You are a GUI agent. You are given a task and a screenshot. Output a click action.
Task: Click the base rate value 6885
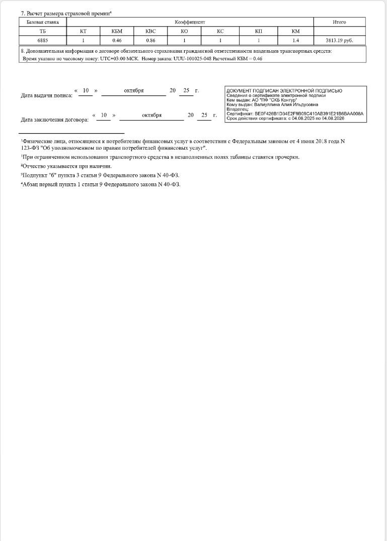click(42, 40)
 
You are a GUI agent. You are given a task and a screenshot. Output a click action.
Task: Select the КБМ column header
click(117, 31)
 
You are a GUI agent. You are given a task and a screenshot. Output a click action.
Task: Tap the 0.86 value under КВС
click(150, 40)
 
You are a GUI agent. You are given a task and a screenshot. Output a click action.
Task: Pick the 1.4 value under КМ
click(295, 40)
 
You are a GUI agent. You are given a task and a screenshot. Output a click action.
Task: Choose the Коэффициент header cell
click(190, 22)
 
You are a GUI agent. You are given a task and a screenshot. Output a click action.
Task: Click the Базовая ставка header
click(42, 22)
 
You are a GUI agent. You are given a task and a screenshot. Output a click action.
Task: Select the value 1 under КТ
click(83, 40)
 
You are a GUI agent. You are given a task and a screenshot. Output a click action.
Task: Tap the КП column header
click(259, 31)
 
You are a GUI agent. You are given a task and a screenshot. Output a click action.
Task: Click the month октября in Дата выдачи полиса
click(134, 90)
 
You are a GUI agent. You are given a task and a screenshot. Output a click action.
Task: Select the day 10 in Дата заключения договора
click(104, 115)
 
